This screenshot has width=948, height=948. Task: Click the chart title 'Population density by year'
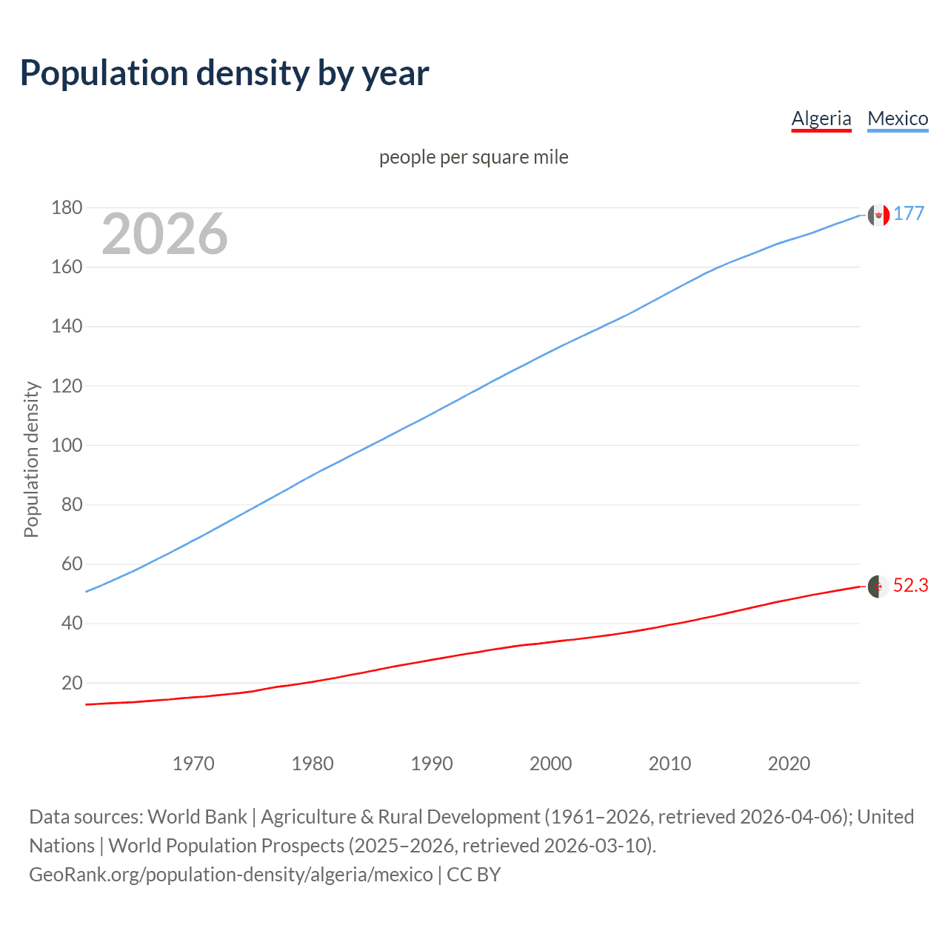coord(224,73)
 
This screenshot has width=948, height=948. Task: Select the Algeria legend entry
coord(821,118)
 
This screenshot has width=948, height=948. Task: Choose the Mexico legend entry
coord(898,118)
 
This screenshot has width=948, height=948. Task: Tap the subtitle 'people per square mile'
coord(473,157)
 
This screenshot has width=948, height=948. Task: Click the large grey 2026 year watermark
coord(164,234)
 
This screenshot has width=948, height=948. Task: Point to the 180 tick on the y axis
coord(67,208)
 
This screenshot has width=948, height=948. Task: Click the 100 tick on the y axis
coord(67,446)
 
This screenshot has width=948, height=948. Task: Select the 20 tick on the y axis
coord(72,683)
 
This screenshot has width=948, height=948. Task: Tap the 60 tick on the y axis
coord(72,564)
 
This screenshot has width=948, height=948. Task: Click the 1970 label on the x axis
coord(193,764)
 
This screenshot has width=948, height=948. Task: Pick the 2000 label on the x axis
coord(550,764)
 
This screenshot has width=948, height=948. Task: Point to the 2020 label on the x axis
coord(789,764)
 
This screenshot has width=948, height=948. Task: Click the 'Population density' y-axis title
coord(31,459)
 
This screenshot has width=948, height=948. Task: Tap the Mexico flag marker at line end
coord(878,215)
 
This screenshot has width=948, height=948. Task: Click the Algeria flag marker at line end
coord(878,587)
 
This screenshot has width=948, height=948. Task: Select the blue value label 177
coord(909,214)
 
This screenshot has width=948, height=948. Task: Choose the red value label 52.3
coord(910,586)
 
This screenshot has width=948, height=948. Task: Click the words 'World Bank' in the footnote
coord(197,817)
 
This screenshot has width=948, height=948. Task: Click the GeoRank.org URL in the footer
coord(230,875)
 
